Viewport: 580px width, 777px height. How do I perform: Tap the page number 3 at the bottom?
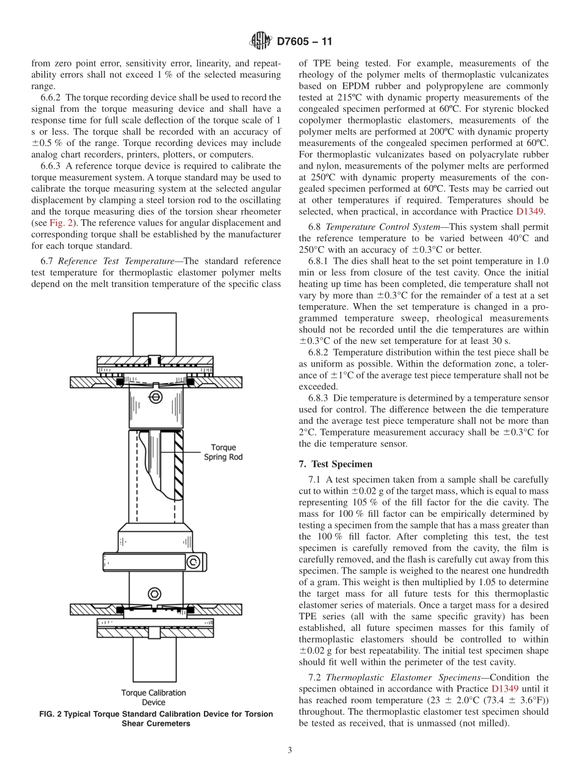(289, 750)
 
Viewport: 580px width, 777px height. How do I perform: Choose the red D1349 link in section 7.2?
(505, 688)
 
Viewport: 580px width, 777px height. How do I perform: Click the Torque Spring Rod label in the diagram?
(223, 452)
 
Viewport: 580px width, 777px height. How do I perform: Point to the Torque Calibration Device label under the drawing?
(153, 697)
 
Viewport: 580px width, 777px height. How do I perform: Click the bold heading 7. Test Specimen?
(335, 464)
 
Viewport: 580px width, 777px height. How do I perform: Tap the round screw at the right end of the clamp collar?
(192, 561)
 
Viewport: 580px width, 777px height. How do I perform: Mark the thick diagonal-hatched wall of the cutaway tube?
(179, 464)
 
